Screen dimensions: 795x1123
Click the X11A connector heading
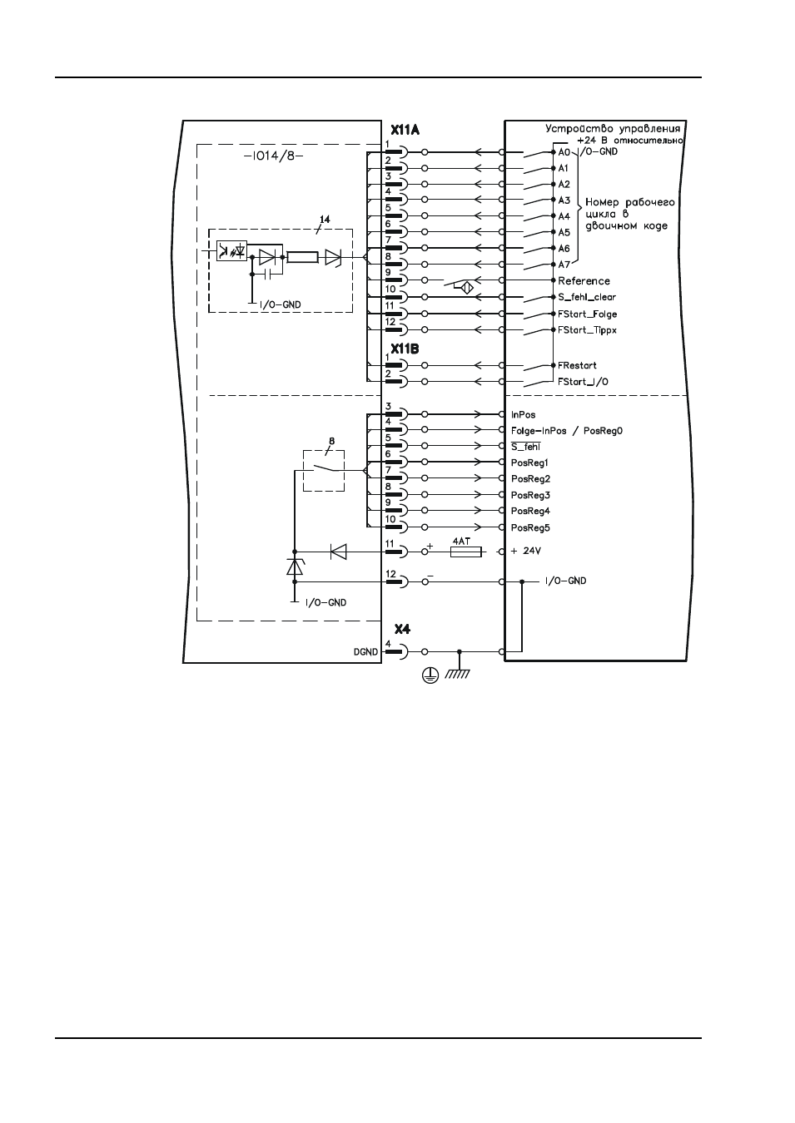tap(405, 131)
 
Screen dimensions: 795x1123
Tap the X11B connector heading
tap(405, 349)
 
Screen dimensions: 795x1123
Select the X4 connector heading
tap(402, 629)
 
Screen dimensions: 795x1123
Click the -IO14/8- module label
tap(273, 156)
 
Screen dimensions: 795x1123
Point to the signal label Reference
tap(584, 281)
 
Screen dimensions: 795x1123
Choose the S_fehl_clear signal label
tap(587, 297)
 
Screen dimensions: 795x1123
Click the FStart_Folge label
tap(588, 314)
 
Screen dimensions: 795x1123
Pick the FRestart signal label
tap(577, 365)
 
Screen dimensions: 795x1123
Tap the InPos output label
tap(523, 415)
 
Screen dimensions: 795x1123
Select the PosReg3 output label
tap(530, 495)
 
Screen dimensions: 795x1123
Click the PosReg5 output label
tap(530, 528)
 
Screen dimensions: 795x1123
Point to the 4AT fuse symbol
tap(466, 552)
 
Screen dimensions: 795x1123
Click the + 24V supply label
tap(525, 551)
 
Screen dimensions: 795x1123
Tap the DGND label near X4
tap(365, 652)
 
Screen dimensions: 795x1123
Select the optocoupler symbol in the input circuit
tap(231, 250)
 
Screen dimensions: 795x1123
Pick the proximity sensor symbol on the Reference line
tap(467, 289)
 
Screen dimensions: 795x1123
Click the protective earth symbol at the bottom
tap(430, 676)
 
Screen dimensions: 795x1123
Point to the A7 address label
tap(564, 265)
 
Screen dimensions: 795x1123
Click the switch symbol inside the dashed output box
tap(324, 469)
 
